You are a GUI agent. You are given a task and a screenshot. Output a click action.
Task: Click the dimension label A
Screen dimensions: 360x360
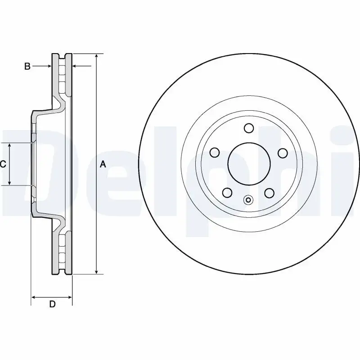tap(103, 165)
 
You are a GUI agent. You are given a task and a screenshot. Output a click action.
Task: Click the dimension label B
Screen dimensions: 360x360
tap(27, 67)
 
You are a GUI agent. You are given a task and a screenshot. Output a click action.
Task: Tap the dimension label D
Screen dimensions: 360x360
tap(52, 304)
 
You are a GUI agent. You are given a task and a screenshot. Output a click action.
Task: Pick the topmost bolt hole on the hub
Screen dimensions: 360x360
tap(248, 128)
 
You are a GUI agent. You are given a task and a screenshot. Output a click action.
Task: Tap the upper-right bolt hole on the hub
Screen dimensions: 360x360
tap(283, 153)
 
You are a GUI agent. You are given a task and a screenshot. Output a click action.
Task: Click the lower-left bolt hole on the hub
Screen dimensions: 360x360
tap(227, 193)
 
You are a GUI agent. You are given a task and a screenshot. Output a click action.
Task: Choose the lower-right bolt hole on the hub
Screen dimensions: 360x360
tap(270, 193)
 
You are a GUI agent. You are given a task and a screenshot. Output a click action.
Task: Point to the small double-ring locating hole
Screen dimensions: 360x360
tap(248, 200)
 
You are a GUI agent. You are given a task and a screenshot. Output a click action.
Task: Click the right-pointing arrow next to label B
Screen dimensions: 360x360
tap(49, 67)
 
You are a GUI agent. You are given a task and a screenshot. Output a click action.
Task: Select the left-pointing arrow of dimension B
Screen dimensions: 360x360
tap(75, 67)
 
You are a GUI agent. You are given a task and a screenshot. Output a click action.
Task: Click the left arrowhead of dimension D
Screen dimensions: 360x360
tap(33, 297)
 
